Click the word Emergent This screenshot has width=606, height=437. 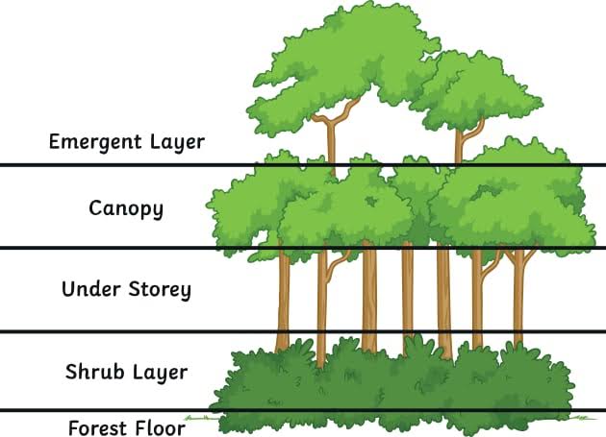(93, 142)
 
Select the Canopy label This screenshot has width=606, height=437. (126, 207)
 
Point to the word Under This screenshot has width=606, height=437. (88, 289)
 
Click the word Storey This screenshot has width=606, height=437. (157, 289)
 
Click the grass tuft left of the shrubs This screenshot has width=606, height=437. (199, 418)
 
